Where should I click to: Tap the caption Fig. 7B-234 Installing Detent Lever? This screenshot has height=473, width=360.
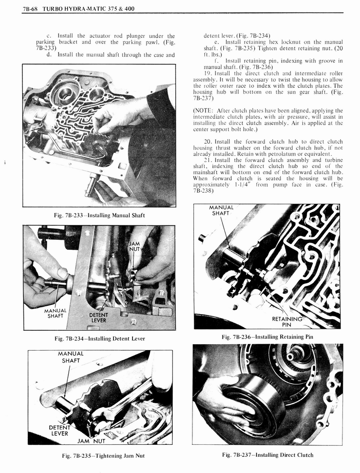click(x=100, y=339)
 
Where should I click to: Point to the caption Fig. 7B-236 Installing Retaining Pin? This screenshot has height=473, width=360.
click(x=267, y=337)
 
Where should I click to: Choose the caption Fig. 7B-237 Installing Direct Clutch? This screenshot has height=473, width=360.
click(x=267, y=455)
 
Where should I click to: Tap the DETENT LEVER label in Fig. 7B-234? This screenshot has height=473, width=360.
click(x=98, y=317)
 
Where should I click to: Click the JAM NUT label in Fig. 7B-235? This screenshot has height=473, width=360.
click(x=91, y=441)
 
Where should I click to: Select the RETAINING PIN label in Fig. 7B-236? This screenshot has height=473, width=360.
click(x=287, y=321)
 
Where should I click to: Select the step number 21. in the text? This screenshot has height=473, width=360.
click(x=208, y=160)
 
